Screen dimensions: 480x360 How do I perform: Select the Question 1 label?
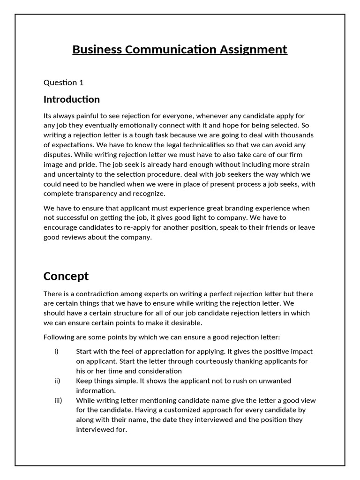click(63, 82)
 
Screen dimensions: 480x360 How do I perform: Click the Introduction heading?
click(72, 99)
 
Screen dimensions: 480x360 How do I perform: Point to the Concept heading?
click(66, 276)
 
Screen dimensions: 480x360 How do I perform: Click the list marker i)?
click(56, 351)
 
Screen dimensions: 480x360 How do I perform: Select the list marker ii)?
click(57, 381)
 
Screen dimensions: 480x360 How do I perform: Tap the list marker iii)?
click(58, 400)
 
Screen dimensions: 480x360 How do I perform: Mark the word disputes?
click(58, 155)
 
